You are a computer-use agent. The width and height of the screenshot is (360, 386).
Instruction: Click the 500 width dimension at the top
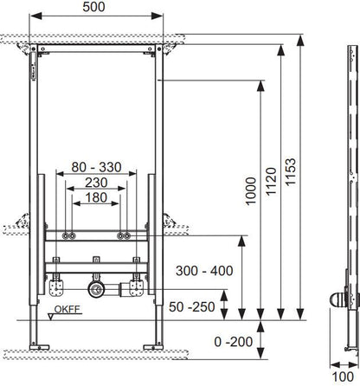(x=93, y=7)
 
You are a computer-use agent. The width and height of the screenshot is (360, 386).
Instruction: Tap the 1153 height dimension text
(x=290, y=171)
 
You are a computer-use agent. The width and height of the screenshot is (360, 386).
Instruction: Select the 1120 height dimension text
(x=271, y=182)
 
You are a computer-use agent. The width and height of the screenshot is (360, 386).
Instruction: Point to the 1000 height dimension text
(x=251, y=191)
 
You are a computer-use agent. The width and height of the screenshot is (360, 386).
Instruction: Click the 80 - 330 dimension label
(x=96, y=167)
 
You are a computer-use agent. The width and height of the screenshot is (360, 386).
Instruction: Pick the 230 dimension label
(x=96, y=183)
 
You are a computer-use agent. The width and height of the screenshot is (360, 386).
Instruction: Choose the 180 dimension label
(x=96, y=197)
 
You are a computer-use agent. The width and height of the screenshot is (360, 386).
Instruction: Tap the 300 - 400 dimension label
(x=204, y=271)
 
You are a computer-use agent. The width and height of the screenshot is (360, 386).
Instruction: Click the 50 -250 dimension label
(x=192, y=307)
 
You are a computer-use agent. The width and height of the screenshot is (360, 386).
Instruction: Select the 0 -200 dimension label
(x=234, y=342)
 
